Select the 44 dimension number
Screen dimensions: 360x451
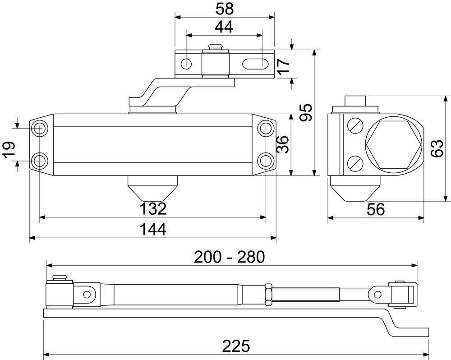224,27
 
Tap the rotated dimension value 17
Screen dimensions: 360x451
283,67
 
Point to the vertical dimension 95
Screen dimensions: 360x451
306,113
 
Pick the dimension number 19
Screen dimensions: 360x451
9,149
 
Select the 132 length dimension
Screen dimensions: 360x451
152,209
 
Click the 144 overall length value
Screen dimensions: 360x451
152,229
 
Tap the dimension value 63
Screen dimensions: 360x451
437,148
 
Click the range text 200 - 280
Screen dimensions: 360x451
230,257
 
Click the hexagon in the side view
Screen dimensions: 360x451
394,144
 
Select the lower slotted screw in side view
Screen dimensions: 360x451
354,162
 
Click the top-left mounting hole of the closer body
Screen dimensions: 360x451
40,128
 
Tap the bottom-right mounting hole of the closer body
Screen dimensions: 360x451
265,160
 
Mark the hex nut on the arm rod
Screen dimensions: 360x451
267,293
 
